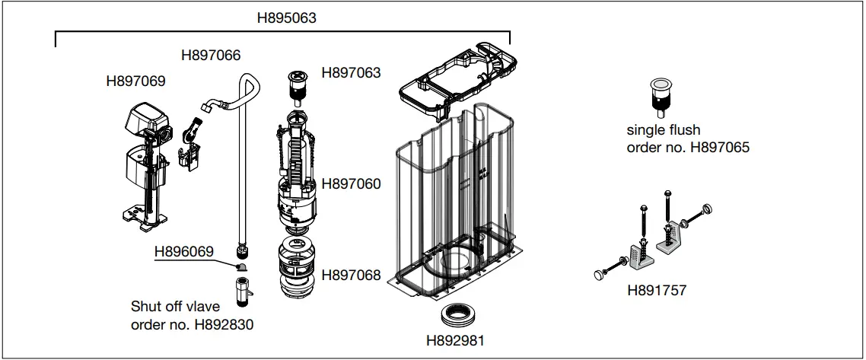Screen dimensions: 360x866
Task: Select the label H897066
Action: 211,55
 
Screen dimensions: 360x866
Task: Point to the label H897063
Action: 352,73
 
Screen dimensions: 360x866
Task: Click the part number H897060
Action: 352,183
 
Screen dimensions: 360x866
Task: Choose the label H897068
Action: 352,276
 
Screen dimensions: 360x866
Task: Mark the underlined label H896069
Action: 184,251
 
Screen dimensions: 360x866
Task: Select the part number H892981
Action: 455,339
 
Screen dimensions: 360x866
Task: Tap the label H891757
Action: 657,291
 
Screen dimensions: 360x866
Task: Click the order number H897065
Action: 719,147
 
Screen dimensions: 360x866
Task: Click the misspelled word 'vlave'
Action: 202,307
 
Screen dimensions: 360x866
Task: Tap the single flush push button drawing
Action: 659,94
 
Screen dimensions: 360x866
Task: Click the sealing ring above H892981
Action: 455,314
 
